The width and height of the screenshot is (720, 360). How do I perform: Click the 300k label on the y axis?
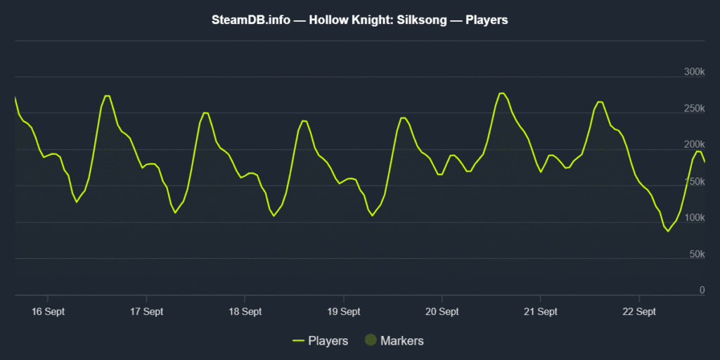point(694,72)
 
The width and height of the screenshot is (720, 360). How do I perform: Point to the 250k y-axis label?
point(694,108)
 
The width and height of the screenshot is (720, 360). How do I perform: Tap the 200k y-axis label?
point(694,145)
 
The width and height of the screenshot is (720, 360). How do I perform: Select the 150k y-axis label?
point(694,181)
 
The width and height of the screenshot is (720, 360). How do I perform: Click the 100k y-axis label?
point(694,217)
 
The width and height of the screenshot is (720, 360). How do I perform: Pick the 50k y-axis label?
point(696,254)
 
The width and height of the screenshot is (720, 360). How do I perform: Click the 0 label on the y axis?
point(702,290)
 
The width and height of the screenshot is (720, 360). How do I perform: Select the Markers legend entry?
point(401,341)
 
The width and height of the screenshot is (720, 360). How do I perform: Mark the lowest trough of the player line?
point(668,231)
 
